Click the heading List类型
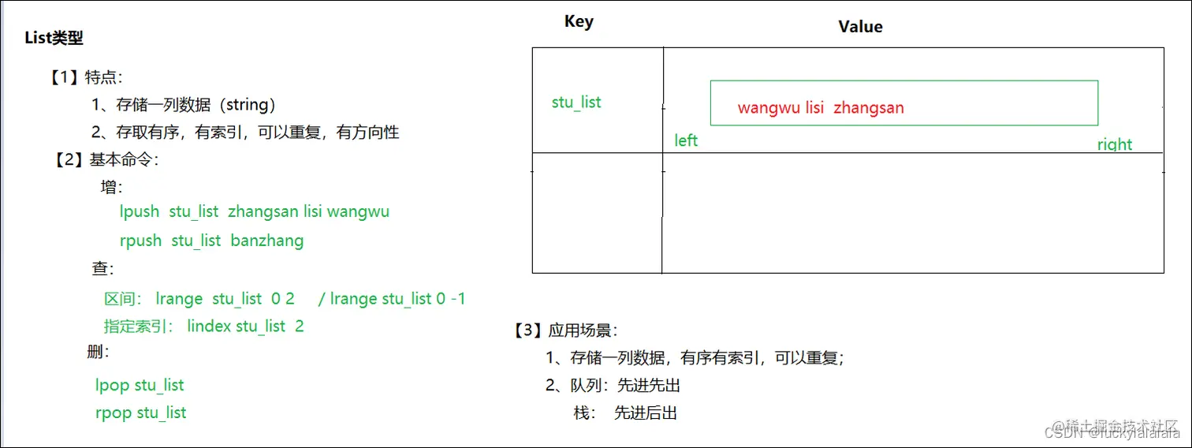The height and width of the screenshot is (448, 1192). [x=54, y=38]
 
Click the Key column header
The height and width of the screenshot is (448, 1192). [x=579, y=22]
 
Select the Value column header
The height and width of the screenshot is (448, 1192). [x=860, y=27]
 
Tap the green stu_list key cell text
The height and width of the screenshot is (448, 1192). [x=576, y=103]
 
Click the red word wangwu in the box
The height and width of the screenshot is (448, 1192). [x=769, y=108]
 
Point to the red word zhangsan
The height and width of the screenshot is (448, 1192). [x=869, y=108]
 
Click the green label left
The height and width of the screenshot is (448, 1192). [x=686, y=140]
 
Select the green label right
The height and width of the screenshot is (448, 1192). [x=1114, y=144]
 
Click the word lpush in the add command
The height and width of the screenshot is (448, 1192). [x=140, y=211]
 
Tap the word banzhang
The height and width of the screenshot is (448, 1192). [x=266, y=241]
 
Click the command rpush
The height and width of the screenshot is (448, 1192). [x=140, y=241]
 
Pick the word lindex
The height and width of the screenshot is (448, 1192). [x=209, y=327]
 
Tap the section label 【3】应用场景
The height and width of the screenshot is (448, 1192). [x=565, y=330]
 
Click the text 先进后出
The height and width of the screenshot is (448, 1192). [x=645, y=413]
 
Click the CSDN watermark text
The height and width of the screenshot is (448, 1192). [x=1061, y=432]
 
